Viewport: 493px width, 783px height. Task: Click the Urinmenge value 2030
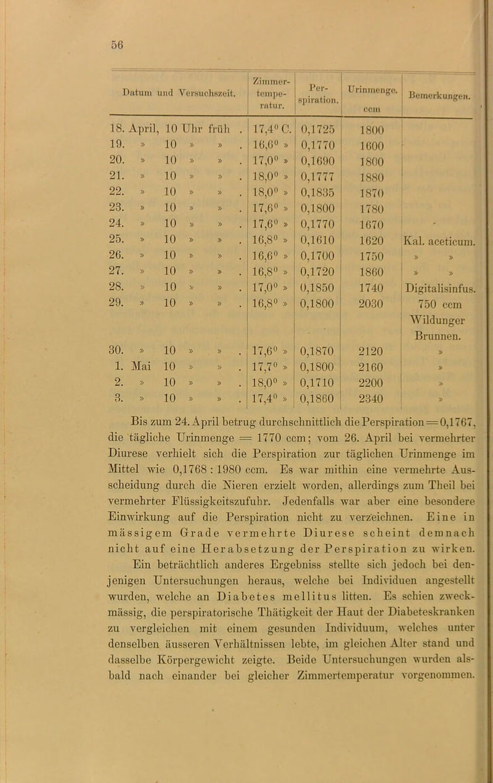point(369,304)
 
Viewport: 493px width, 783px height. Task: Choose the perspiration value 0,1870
point(318,352)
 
